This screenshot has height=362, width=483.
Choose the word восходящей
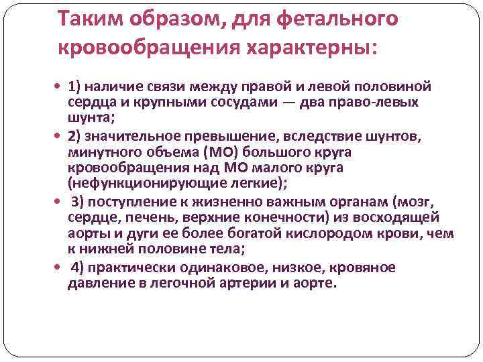(419, 219)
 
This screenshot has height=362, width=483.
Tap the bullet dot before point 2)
(60, 137)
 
